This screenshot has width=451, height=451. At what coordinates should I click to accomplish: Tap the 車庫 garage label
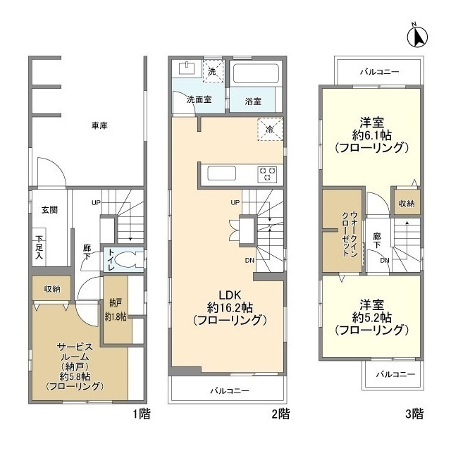coord(99,125)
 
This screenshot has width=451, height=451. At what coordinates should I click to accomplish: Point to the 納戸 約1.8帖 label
coord(116,311)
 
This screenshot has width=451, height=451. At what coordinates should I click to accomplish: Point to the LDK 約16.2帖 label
coord(230,307)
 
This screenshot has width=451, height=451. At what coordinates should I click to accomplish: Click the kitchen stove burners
coord(267,173)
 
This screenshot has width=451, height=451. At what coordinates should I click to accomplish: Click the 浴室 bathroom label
coord(253,101)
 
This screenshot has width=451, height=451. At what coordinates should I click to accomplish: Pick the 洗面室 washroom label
coord(199,100)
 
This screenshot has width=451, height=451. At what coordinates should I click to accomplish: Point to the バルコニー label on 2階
coord(228,390)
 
